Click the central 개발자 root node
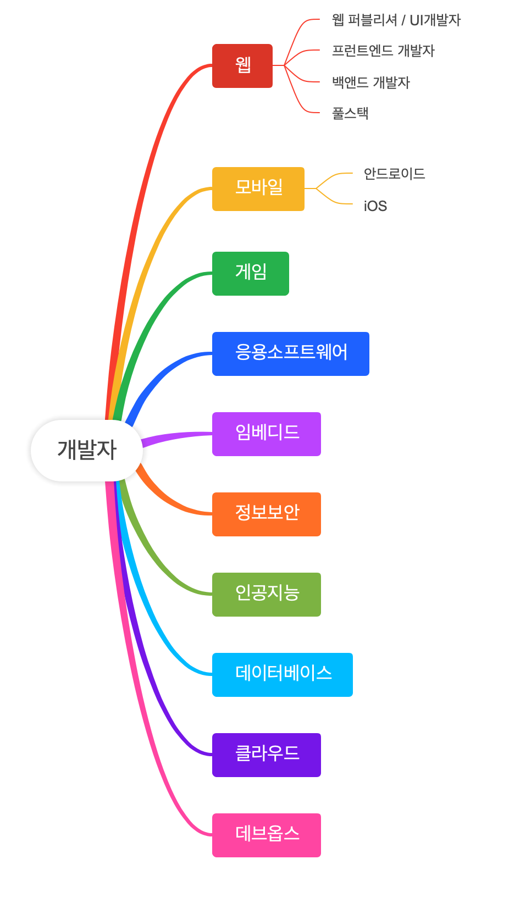tap(87, 450)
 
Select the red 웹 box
tap(242, 66)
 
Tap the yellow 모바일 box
tap(258, 189)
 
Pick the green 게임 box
tap(251, 273)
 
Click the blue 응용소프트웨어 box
tap(291, 353)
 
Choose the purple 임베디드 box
tap(267, 434)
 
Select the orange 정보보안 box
tap(267, 514)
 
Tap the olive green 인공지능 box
tap(267, 594)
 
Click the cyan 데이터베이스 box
tap(283, 674)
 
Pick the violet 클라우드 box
tap(267, 755)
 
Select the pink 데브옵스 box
tap(267, 835)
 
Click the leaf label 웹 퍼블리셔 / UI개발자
tap(396, 20)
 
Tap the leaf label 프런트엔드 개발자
tap(383, 51)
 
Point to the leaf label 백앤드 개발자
tap(371, 82)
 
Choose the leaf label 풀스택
tap(350, 113)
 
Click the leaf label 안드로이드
tap(394, 174)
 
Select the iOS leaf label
tap(375, 206)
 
